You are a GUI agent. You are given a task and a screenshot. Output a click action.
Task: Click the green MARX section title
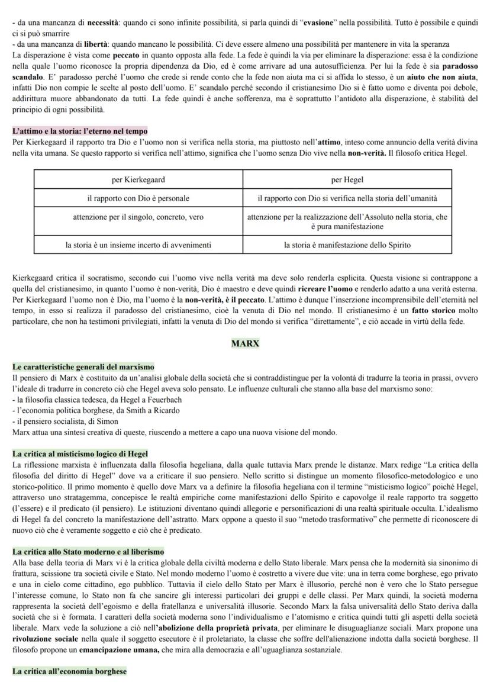pyautogui.click(x=245, y=343)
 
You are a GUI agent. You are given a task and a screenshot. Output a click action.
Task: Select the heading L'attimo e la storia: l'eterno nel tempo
pyautogui.click(x=80, y=131)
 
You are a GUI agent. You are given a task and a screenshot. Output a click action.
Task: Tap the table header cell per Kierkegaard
pyautogui.click(x=138, y=179)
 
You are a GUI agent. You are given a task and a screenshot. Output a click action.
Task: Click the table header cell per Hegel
pyautogui.click(x=347, y=179)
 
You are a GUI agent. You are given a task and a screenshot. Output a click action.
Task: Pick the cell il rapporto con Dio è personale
pyautogui.click(x=138, y=198)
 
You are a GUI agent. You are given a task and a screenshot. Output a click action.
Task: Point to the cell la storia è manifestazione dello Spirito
pyautogui.click(x=347, y=244)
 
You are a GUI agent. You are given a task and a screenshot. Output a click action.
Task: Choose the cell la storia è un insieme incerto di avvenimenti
pyautogui.click(x=138, y=244)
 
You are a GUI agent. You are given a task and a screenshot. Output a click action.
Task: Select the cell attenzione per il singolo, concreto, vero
pyautogui.click(x=138, y=217)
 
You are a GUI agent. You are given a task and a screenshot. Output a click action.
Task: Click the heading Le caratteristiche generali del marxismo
pyautogui.click(x=83, y=367)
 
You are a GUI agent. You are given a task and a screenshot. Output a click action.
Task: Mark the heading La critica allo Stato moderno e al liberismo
pyautogui.click(x=88, y=552)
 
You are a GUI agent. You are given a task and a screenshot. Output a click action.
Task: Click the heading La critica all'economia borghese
pyautogui.click(x=69, y=671)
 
